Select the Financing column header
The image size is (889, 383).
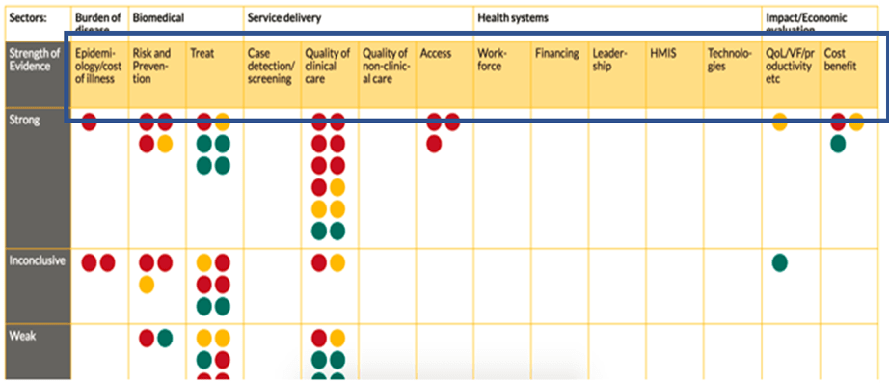tap(557, 54)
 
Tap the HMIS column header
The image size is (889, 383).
tap(663, 54)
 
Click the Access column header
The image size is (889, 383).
tap(436, 54)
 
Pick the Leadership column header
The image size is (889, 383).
tap(612, 60)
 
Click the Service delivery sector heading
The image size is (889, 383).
tap(284, 18)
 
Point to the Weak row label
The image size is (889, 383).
tap(23, 337)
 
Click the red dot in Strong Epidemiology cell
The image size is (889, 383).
tap(90, 122)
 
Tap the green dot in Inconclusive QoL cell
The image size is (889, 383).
tap(780, 261)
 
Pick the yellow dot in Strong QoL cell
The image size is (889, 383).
tap(780, 122)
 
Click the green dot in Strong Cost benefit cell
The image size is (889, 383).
tap(838, 144)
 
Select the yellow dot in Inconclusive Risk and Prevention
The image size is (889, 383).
tap(147, 285)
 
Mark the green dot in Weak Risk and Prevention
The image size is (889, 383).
tap(166, 337)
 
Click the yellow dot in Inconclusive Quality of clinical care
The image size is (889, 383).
tap(337, 261)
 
